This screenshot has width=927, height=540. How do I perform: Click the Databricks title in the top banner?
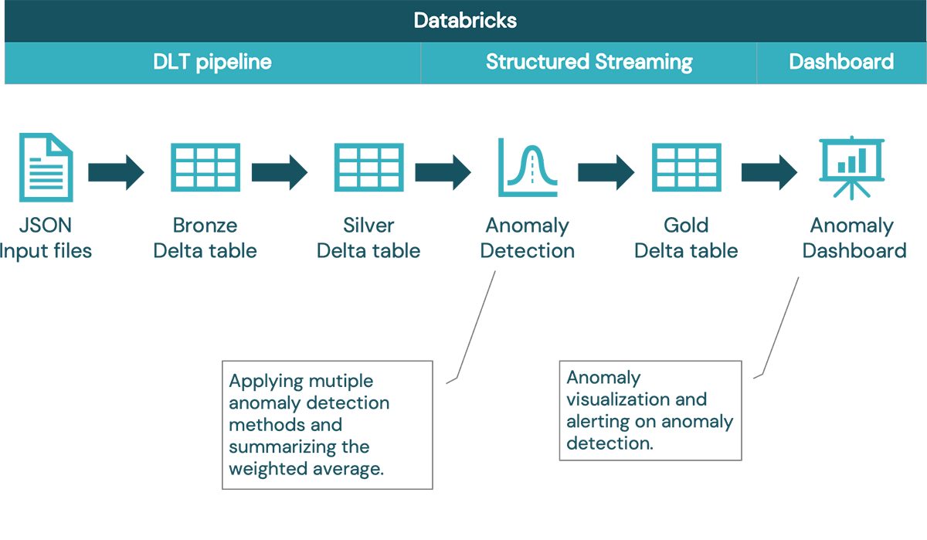pos(465,20)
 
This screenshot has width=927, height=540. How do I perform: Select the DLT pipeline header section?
pos(212,62)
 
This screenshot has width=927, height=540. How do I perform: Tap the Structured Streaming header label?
pos(589,62)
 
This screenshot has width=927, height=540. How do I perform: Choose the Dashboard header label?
pos(841,62)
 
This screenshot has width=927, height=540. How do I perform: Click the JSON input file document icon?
pos(46,168)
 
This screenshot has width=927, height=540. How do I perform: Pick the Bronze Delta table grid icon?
pos(205,168)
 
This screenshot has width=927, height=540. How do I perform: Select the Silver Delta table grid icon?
pos(368,168)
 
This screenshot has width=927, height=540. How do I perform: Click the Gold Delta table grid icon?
pos(687,168)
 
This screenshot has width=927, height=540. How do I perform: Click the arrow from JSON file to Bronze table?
pos(116,172)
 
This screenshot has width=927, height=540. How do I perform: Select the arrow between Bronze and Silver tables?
pos(280,172)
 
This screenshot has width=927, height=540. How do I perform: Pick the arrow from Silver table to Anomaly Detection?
pos(443,172)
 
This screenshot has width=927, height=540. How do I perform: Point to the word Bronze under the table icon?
pos(205,226)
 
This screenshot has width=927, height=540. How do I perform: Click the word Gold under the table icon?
pos(686,226)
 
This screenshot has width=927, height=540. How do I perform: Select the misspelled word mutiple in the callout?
pos(341,382)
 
